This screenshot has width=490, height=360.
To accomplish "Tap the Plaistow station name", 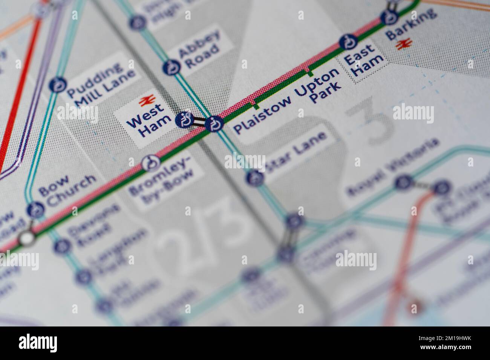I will [x=263, y=114].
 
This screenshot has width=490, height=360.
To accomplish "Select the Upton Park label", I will [x=318, y=86].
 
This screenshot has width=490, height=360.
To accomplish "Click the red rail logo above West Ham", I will [x=145, y=101].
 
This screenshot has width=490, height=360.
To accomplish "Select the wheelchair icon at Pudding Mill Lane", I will [x=58, y=85].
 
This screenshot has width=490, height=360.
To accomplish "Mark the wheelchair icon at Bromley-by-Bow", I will [x=151, y=163].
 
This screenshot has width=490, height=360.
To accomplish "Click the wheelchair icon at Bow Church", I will [x=35, y=209].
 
